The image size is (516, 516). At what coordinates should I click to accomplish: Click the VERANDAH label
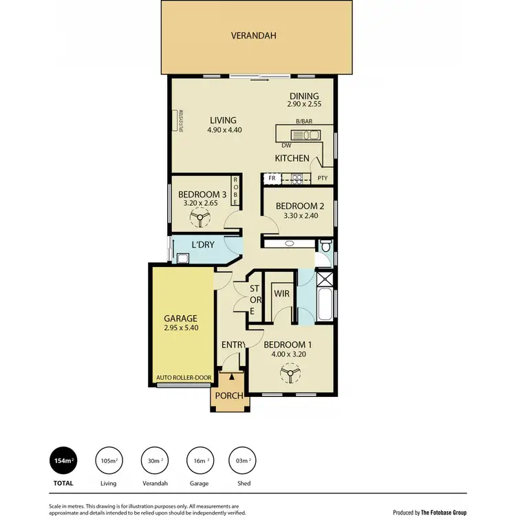click(254, 35)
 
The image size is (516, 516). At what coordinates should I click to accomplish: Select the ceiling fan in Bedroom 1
click(288, 375)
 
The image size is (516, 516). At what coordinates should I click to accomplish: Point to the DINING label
click(304, 97)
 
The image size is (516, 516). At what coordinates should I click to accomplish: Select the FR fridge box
click(272, 178)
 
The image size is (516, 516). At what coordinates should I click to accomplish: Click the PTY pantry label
click(322, 178)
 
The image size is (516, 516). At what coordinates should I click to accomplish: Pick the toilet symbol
click(325, 246)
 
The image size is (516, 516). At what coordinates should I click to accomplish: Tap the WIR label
click(281, 294)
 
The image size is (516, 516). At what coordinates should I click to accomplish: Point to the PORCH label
click(230, 396)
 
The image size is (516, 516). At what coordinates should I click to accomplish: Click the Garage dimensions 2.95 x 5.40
click(181, 328)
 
